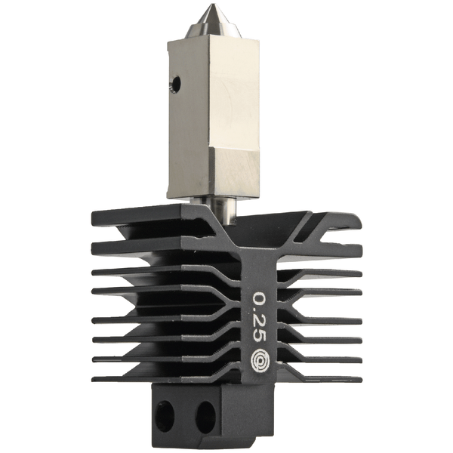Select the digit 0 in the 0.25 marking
(x=259, y=298)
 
